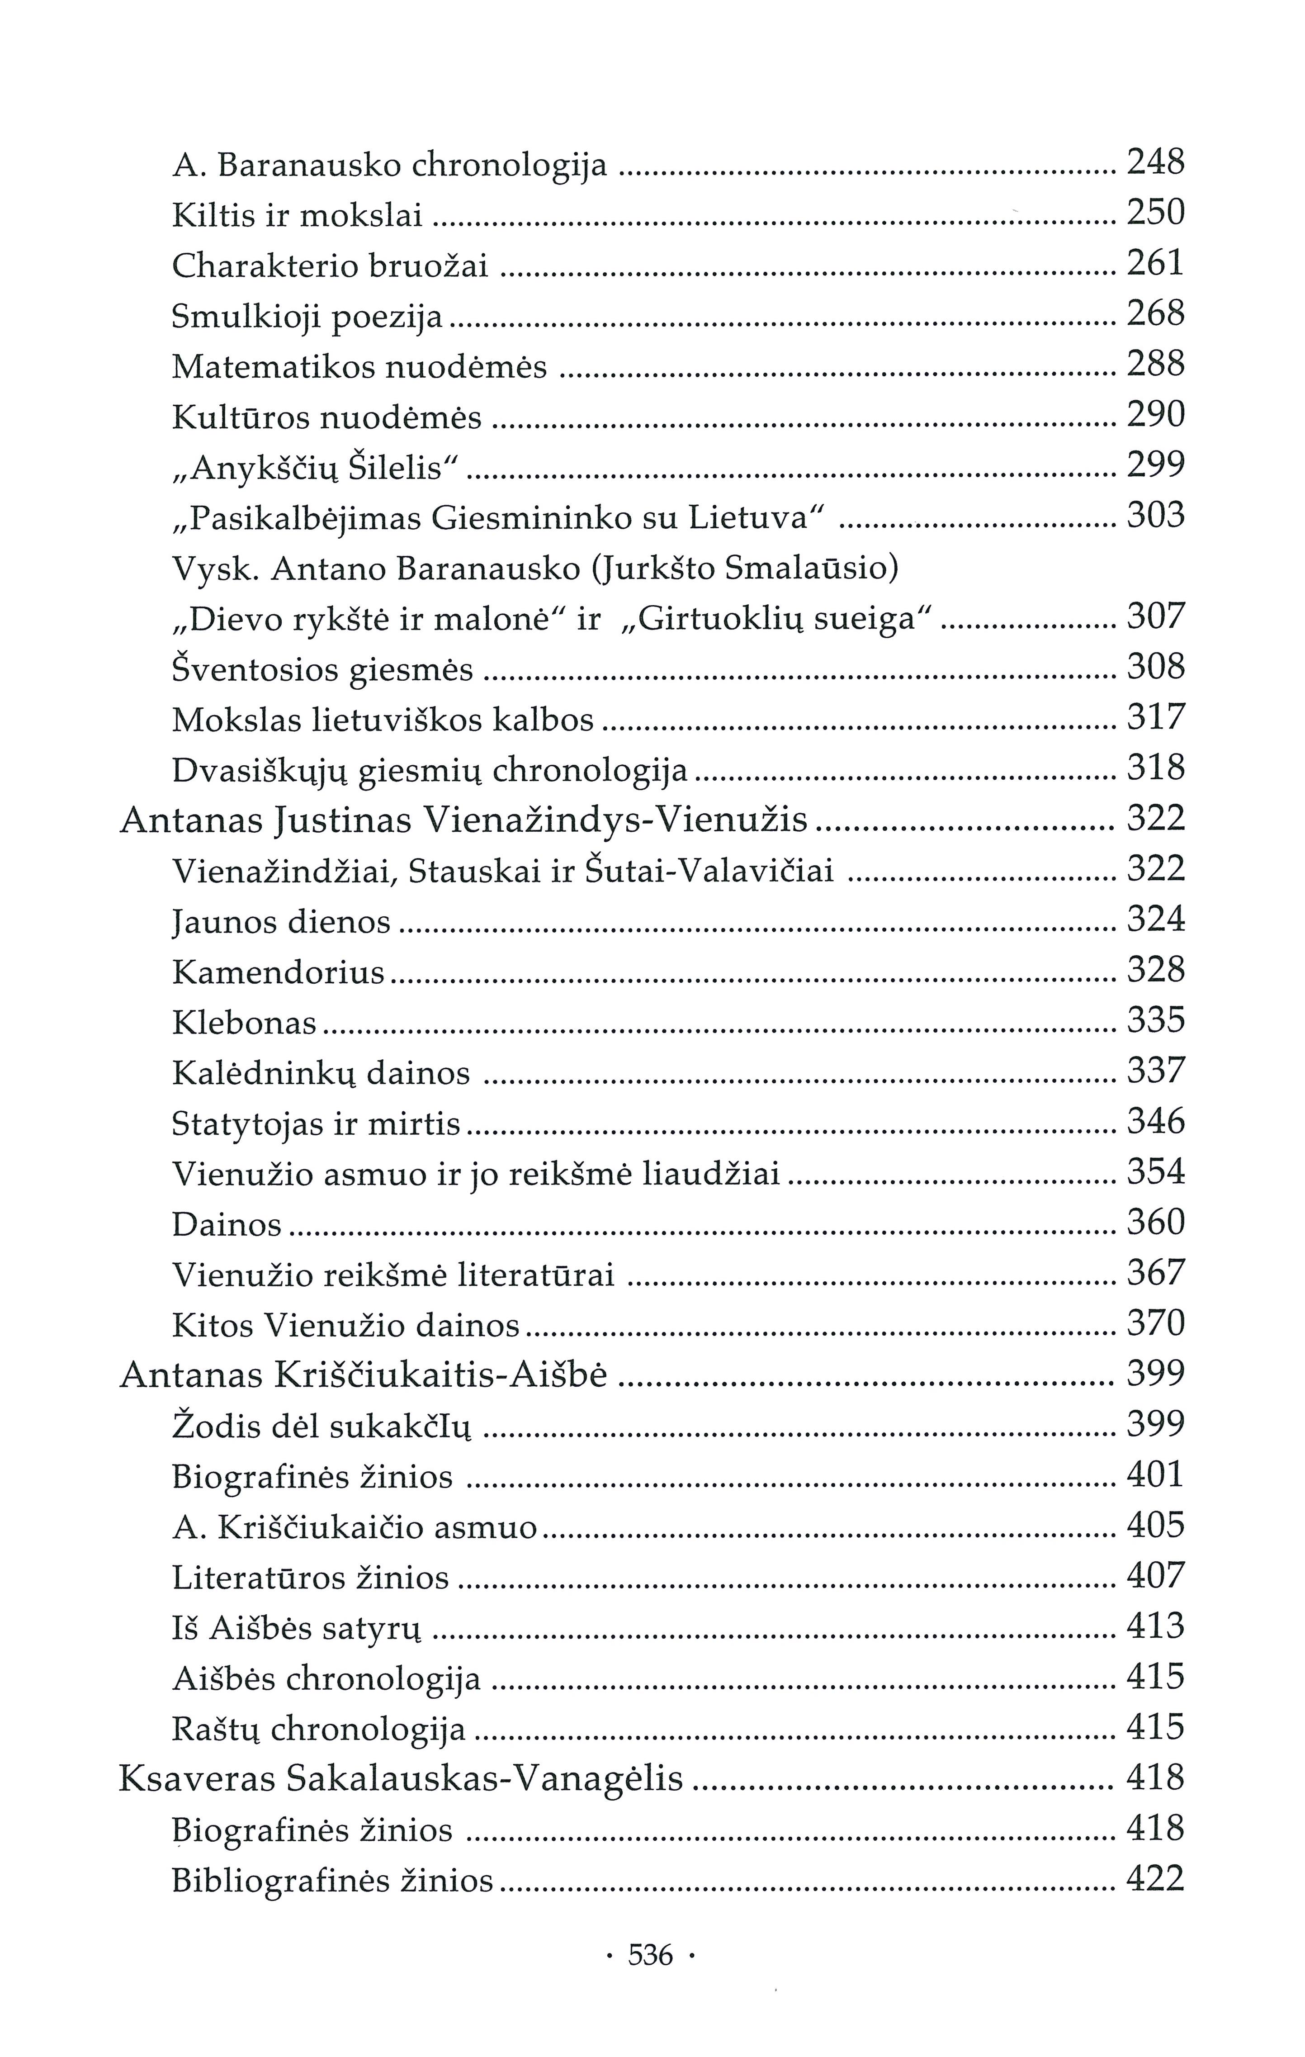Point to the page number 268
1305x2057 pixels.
1155,314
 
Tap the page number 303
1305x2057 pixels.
1155,516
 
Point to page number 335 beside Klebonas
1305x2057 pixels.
1155,1021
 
